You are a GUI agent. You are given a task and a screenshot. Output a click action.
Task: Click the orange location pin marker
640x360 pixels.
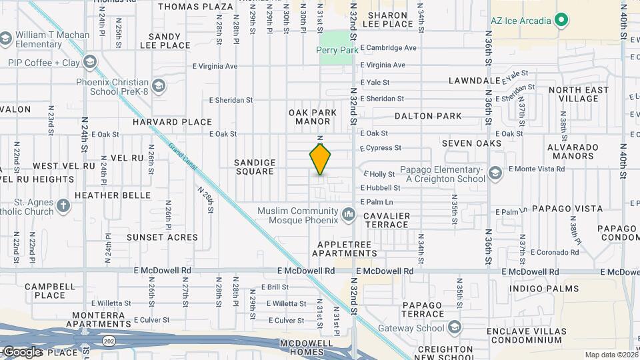(x=320, y=160)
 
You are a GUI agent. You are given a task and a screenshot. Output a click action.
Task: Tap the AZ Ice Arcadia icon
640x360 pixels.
(x=561, y=21)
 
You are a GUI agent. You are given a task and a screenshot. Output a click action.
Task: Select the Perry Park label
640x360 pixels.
(x=335, y=50)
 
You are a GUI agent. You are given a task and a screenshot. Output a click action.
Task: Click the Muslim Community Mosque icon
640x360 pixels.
(x=348, y=214)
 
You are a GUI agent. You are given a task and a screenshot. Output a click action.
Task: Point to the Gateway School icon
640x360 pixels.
(x=455, y=327)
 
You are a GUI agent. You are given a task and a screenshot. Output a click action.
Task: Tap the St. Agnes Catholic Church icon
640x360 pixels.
(x=63, y=205)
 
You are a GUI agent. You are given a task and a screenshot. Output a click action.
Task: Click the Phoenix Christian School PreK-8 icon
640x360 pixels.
(x=159, y=86)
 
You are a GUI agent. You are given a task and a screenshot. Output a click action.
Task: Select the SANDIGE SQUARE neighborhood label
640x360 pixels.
(x=255, y=167)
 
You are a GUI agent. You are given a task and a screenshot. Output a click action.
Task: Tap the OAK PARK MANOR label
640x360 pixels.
(x=313, y=117)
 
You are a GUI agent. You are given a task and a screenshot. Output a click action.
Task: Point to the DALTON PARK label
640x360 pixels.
(x=428, y=116)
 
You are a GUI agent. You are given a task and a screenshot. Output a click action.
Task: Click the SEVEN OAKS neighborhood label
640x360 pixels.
(x=471, y=144)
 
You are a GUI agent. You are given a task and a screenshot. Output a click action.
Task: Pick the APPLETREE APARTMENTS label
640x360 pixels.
(x=344, y=249)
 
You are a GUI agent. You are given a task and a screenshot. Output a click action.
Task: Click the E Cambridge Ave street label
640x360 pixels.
(x=388, y=48)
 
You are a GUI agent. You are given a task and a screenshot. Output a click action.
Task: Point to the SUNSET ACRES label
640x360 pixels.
(x=163, y=237)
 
